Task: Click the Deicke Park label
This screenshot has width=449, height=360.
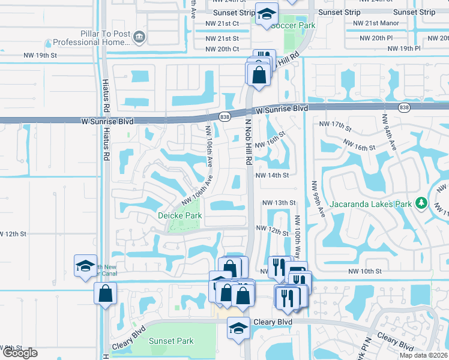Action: [179, 215]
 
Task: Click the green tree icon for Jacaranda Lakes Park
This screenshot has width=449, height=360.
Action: [422, 203]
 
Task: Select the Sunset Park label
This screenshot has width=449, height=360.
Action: [171, 341]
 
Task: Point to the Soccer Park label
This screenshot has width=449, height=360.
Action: [293, 26]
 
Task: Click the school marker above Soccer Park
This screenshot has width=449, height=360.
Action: [265, 14]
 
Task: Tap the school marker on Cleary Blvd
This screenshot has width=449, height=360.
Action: [238, 328]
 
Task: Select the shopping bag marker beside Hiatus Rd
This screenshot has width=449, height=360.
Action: [105, 293]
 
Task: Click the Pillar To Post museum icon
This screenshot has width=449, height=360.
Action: [139, 37]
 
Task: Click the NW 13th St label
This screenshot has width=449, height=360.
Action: [279, 203]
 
